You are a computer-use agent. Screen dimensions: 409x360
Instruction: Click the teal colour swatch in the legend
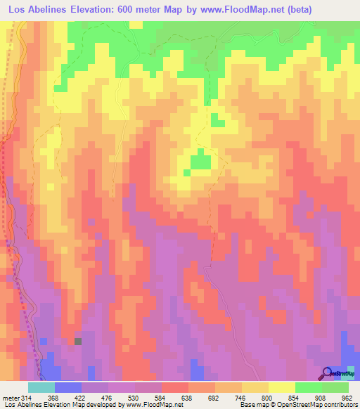coord(41,387)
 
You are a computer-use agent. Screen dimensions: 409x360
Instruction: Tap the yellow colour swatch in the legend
coord(281,387)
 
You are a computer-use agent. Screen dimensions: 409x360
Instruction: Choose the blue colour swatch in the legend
coord(67,387)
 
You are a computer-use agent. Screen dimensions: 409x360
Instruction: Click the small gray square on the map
coord(77,342)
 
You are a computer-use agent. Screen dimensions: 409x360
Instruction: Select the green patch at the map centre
coord(201,161)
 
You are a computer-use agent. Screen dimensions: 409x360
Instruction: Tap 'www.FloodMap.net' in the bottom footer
coord(148,405)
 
